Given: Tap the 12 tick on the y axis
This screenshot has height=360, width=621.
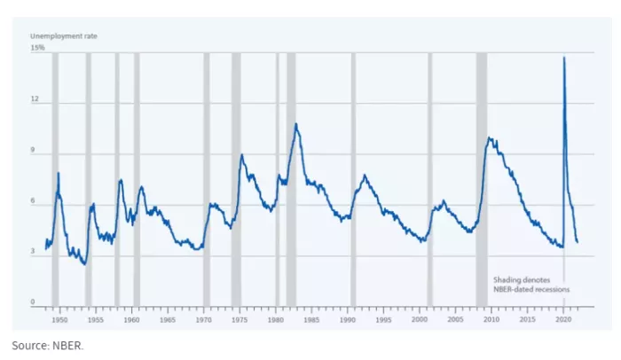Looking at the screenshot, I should [36, 100].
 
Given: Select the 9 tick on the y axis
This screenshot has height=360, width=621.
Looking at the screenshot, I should [36, 152].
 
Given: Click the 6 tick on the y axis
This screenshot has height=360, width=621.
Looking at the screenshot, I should [36, 202].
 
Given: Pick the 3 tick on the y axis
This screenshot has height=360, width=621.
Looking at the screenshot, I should [36, 253].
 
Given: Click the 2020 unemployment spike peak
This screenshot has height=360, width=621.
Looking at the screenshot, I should [564, 59].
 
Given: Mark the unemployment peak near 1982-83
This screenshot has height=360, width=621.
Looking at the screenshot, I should [295, 124].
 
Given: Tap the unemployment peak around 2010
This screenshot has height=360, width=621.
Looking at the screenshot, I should [489, 137].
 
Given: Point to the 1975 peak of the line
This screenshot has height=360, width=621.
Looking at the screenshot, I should [241, 155].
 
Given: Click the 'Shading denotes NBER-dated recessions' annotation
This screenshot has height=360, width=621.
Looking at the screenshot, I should [531, 284].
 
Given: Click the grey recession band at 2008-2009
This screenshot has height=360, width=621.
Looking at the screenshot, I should [482, 177].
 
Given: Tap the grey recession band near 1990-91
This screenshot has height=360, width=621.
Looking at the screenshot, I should [353, 177].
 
